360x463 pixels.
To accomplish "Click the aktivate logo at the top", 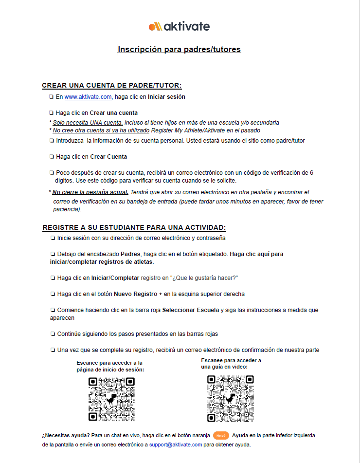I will point(179,26).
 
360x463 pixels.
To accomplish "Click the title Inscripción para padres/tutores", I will point(179,50).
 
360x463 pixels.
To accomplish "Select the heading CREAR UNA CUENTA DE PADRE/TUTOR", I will point(112,86).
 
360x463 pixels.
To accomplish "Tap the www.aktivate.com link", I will point(88,97).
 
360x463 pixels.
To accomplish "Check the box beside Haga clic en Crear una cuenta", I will point(52,113).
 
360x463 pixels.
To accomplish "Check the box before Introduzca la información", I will point(52,141).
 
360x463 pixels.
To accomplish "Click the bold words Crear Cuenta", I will point(108,157).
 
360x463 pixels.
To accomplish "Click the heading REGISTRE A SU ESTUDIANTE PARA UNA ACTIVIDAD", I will point(134,228).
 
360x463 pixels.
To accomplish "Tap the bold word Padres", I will point(130,254).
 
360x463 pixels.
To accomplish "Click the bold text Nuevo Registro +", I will point(138,294).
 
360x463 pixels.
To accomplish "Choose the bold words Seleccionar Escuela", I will point(191,310).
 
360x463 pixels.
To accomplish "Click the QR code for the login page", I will point(111,399).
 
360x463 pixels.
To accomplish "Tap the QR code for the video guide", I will point(230,398).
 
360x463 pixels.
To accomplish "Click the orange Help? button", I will point(221,435).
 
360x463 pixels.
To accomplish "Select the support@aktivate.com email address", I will point(176,444).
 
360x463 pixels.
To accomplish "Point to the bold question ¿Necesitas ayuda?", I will point(65,435).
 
